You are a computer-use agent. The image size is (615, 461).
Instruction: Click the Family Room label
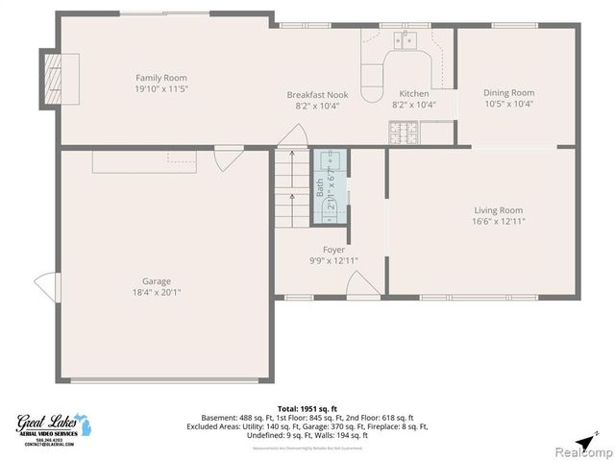click(x=160, y=78)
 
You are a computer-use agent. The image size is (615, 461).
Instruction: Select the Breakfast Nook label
click(x=312, y=94)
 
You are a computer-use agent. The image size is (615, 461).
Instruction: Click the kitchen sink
click(x=407, y=40)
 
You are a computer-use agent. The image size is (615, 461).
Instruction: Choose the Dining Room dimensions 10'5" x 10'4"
click(x=508, y=104)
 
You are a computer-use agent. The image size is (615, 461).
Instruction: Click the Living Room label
click(x=498, y=210)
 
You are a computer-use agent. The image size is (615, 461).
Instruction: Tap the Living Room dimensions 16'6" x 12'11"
click(x=498, y=221)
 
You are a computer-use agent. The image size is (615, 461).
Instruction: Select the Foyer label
click(x=333, y=250)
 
